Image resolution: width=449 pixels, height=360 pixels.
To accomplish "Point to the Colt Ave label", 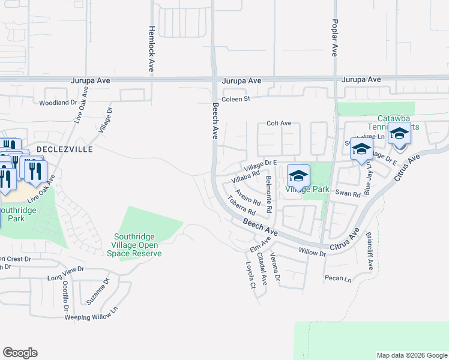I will pos(279,124).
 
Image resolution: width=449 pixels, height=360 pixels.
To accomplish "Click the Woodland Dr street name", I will pos(58,103).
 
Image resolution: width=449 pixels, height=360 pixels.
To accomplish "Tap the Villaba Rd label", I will pos(246,175).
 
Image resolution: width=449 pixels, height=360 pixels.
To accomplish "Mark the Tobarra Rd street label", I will pos(241,207).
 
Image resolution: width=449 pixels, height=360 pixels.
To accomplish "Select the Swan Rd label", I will pos(348,194).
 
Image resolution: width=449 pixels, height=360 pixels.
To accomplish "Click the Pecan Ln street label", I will pos(337,279).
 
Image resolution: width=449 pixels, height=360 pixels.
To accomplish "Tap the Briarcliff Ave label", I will pos(370,250).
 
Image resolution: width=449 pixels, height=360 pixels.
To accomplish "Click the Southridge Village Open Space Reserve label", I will pos(136,245).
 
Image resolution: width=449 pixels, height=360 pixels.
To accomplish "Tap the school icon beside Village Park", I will pos(298,175).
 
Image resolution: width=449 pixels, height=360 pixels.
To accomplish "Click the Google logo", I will pos(20,353).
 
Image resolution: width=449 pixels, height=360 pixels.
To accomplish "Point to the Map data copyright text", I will pos(411,355).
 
